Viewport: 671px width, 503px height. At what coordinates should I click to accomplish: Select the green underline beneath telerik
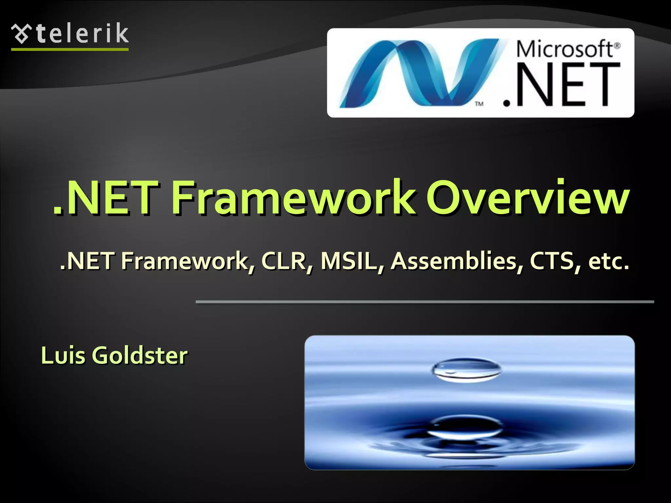(70, 49)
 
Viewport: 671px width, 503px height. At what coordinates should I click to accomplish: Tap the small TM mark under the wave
(479, 104)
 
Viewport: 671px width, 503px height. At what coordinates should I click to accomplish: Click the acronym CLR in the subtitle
(284, 261)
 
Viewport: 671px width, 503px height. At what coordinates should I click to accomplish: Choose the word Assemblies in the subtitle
(454, 261)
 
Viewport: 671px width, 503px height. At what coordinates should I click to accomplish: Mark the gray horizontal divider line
(425, 302)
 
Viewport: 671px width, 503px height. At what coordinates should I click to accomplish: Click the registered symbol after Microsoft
(617, 46)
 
